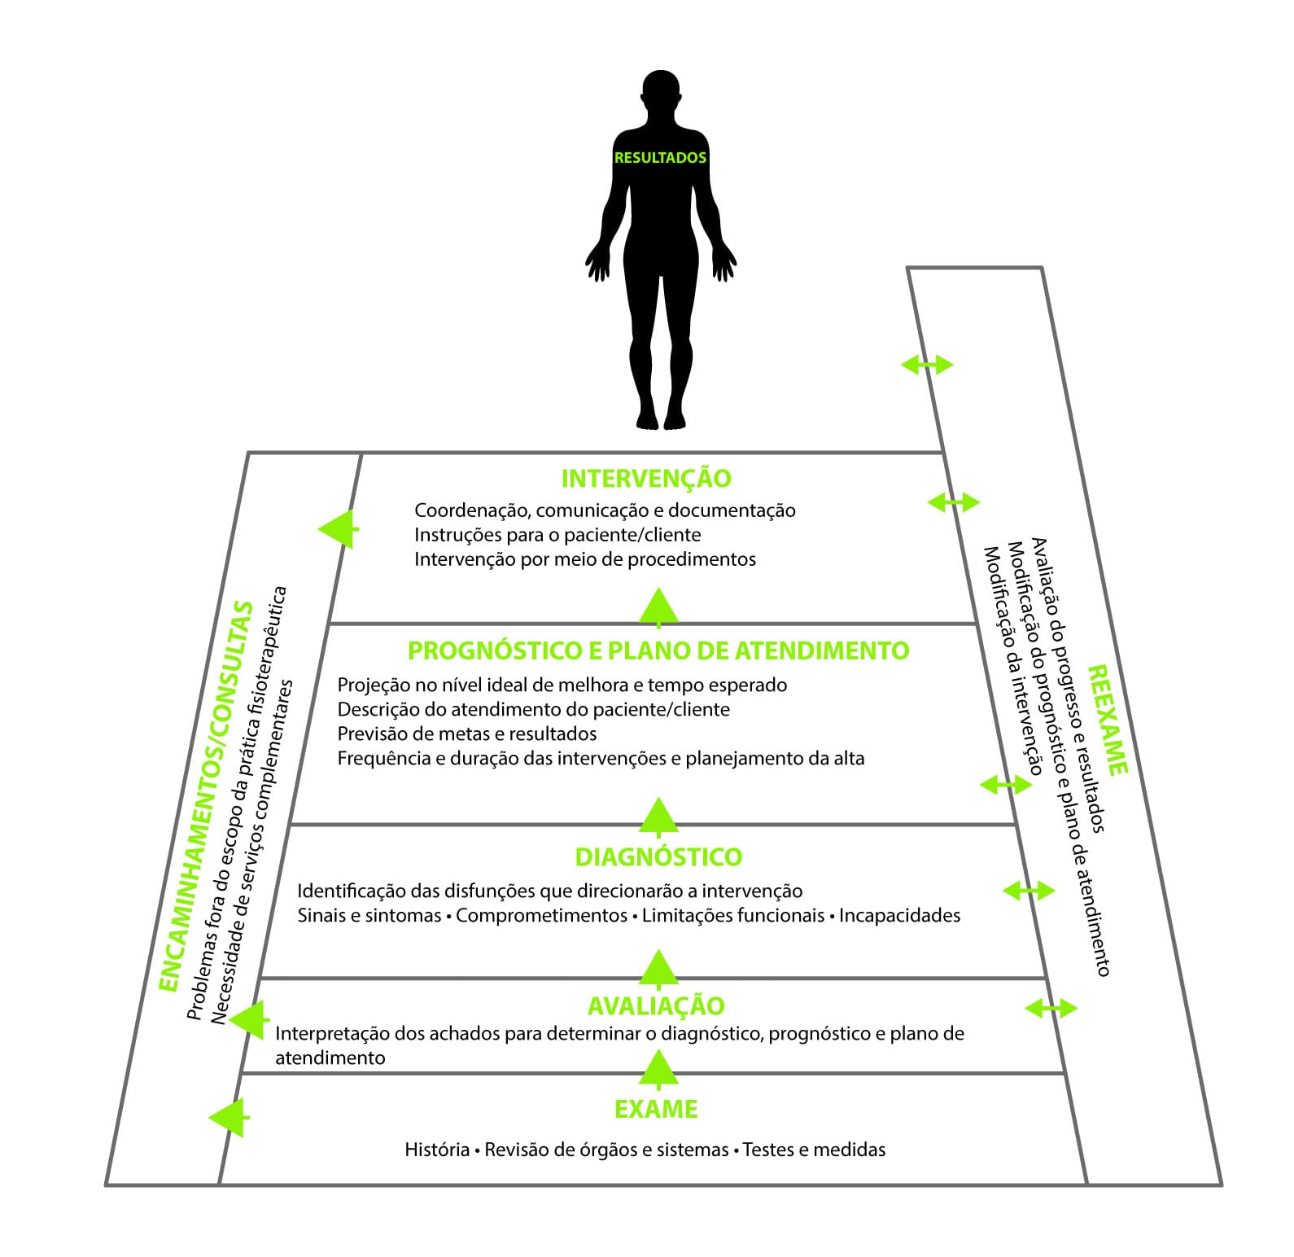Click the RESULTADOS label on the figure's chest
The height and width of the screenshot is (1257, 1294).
(660, 158)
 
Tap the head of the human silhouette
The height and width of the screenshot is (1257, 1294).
(660, 96)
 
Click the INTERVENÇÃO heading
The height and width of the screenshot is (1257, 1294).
(646, 478)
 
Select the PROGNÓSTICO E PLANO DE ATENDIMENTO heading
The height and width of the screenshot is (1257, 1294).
(658, 650)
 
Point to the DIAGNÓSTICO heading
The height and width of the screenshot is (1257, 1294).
(658, 856)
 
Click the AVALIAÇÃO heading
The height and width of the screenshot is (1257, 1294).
(656, 1005)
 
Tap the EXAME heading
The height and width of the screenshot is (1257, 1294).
(656, 1109)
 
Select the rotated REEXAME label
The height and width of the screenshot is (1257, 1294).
(1108, 720)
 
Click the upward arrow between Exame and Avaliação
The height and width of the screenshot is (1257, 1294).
(658, 1068)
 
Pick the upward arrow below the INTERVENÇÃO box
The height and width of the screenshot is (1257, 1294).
(658, 607)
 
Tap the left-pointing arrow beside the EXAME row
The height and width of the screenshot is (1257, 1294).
(229, 1118)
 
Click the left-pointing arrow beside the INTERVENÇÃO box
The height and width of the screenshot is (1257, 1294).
(338, 528)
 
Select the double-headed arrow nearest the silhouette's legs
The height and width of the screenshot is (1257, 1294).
(927, 365)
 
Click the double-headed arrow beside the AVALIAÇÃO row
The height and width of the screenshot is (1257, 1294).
(1051, 1009)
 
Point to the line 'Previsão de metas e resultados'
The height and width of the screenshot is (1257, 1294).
(467, 734)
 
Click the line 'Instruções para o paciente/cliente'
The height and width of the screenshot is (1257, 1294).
(557, 535)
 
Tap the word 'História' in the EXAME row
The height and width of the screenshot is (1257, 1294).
(437, 1150)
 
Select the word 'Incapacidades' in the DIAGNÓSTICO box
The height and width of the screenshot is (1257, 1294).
(899, 915)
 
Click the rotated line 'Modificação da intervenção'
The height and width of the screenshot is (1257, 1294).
(1013, 660)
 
